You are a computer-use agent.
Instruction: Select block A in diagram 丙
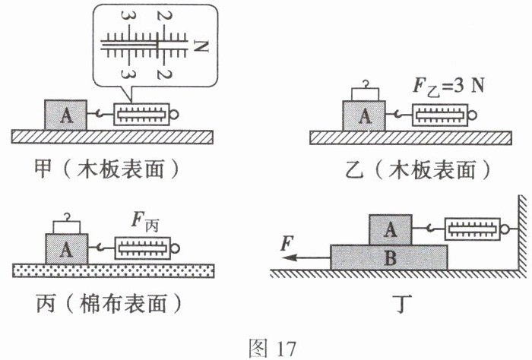pyautogui.click(x=67, y=248)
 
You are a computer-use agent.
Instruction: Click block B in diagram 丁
pyautogui.click(x=389, y=257)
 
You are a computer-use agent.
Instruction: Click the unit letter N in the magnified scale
pyautogui.click(x=200, y=46)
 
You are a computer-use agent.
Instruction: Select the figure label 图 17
pyautogui.click(x=265, y=346)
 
